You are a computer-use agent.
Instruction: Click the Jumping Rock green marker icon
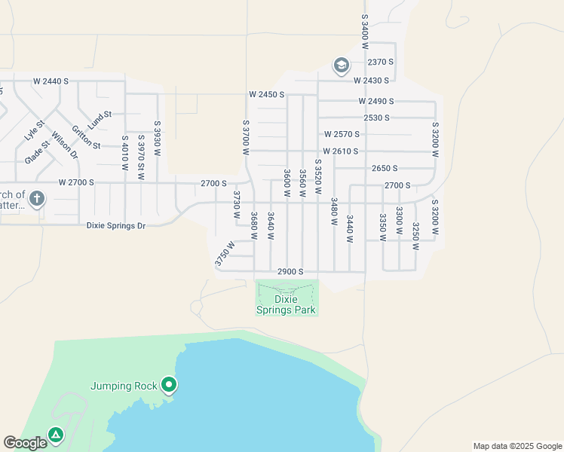coord(170,386)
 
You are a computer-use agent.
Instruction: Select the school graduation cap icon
coord(341,66)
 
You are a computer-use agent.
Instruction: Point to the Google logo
coord(25,443)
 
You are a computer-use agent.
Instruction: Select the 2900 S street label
coord(290,271)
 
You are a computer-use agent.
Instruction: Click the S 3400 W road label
coord(364,26)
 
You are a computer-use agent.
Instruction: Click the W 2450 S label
coord(267,95)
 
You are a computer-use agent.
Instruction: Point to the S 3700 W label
coord(246,137)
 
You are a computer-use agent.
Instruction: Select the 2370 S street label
coord(382,62)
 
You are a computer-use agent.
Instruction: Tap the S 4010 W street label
coord(124,152)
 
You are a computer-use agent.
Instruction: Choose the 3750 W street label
coord(224,253)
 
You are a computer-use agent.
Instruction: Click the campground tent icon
coord(56,435)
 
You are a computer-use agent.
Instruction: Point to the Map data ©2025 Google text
coord(517,446)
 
